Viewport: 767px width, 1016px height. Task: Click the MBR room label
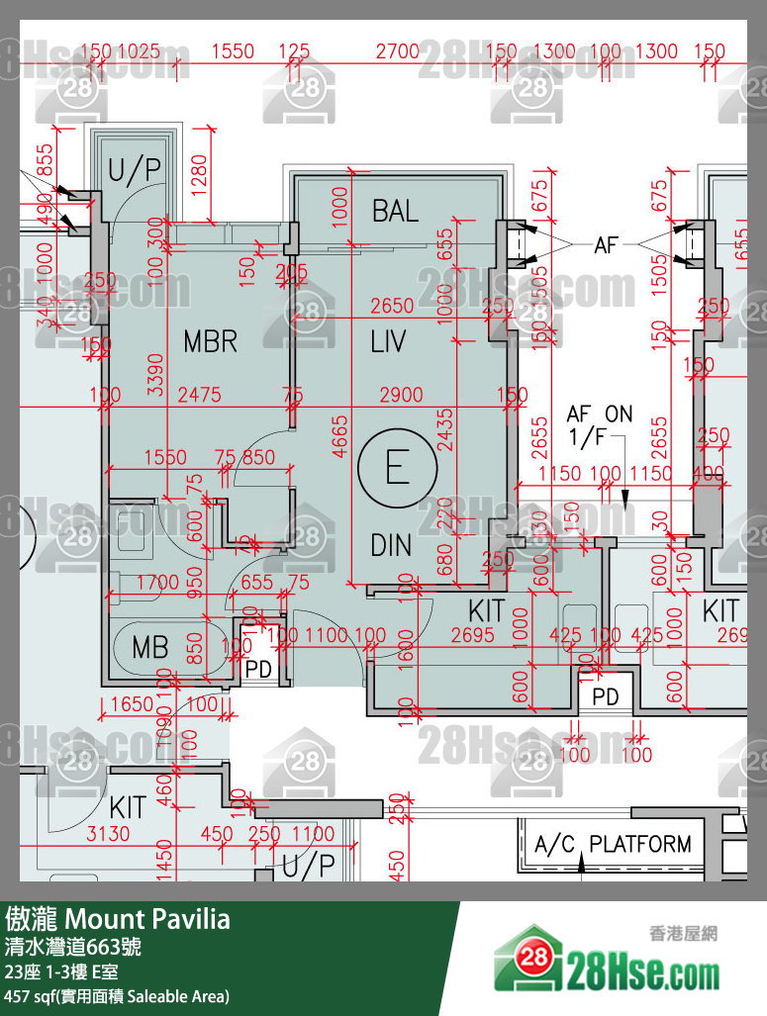click(211, 342)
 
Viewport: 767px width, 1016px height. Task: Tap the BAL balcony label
click(395, 210)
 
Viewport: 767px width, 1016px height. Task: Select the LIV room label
click(389, 342)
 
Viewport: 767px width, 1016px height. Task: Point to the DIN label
click(391, 545)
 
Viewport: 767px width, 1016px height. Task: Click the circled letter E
click(397, 467)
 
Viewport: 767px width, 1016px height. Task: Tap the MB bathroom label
click(150, 648)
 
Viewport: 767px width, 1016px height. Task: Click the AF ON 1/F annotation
click(599, 425)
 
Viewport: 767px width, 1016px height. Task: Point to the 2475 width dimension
click(199, 396)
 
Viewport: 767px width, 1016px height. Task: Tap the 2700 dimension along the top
click(398, 51)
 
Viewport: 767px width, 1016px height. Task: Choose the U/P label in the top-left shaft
click(134, 170)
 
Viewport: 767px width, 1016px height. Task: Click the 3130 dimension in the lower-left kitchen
click(107, 834)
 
